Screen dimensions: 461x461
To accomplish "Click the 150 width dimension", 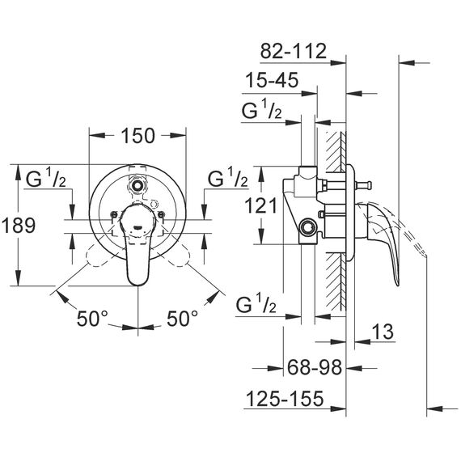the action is (x=137, y=136).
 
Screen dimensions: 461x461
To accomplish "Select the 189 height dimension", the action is (x=19, y=226).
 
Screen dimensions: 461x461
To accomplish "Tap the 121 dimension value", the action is (x=261, y=205).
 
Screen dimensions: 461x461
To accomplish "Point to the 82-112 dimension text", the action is (x=294, y=51).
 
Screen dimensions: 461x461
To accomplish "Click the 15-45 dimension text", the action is (x=273, y=80).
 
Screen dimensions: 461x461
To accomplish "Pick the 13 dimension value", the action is (x=383, y=332).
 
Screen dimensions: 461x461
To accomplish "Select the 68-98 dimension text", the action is (x=315, y=367).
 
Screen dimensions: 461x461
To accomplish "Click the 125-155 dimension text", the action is (x=285, y=399).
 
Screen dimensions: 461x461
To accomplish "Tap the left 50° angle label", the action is (x=93, y=319).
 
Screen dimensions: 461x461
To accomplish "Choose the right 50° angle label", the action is (x=183, y=319).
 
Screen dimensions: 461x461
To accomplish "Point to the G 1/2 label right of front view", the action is (x=228, y=177).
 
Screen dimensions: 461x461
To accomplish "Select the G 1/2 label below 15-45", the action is (x=262, y=109).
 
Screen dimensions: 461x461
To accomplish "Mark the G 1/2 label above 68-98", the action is (x=256, y=303).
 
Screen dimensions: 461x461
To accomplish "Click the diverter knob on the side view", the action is (x=363, y=186).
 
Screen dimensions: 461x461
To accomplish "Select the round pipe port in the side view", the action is (x=307, y=226).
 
